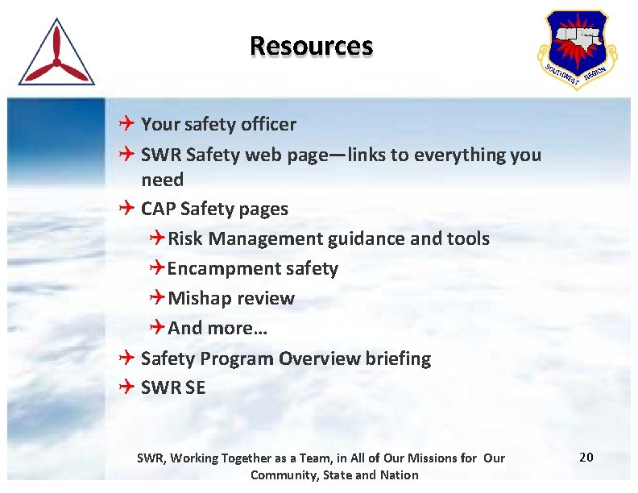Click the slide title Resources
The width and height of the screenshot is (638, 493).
pyautogui.click(x=311, y=45)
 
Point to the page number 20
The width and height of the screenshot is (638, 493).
pyautogui.click(x=586, y=458)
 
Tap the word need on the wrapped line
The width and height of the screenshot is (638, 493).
pyautogui.click(x=162, y=179)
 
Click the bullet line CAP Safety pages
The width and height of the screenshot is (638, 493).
pyautogui.click(x=213, y=209)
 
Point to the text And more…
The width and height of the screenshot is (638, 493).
pyautogui.click(x=217, y=328)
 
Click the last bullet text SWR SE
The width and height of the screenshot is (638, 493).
pyautogui.click(x=172, y=387)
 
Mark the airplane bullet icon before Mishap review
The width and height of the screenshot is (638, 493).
pyautogui.click(x=157, y=298)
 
